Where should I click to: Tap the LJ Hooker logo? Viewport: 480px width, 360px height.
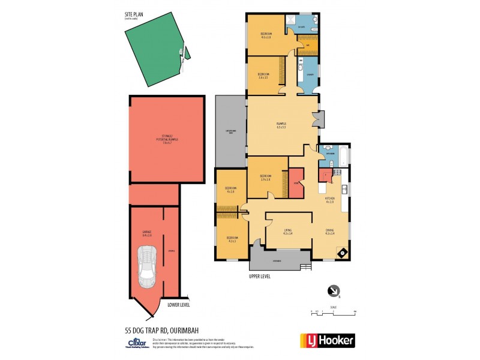pos(327,340)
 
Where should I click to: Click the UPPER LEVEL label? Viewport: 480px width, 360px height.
pos(260,277)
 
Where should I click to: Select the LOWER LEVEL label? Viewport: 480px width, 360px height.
pos(178,304)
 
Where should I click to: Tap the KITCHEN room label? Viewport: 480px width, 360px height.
pos(329,199)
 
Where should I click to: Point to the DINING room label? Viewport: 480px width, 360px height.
pos(329,232)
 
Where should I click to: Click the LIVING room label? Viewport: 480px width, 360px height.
pos(288,232)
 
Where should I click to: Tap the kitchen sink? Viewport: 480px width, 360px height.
pos(344,191)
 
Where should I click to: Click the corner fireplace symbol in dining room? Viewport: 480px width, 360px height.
pos(343,253)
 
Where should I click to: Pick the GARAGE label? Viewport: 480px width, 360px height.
pos(147,232)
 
